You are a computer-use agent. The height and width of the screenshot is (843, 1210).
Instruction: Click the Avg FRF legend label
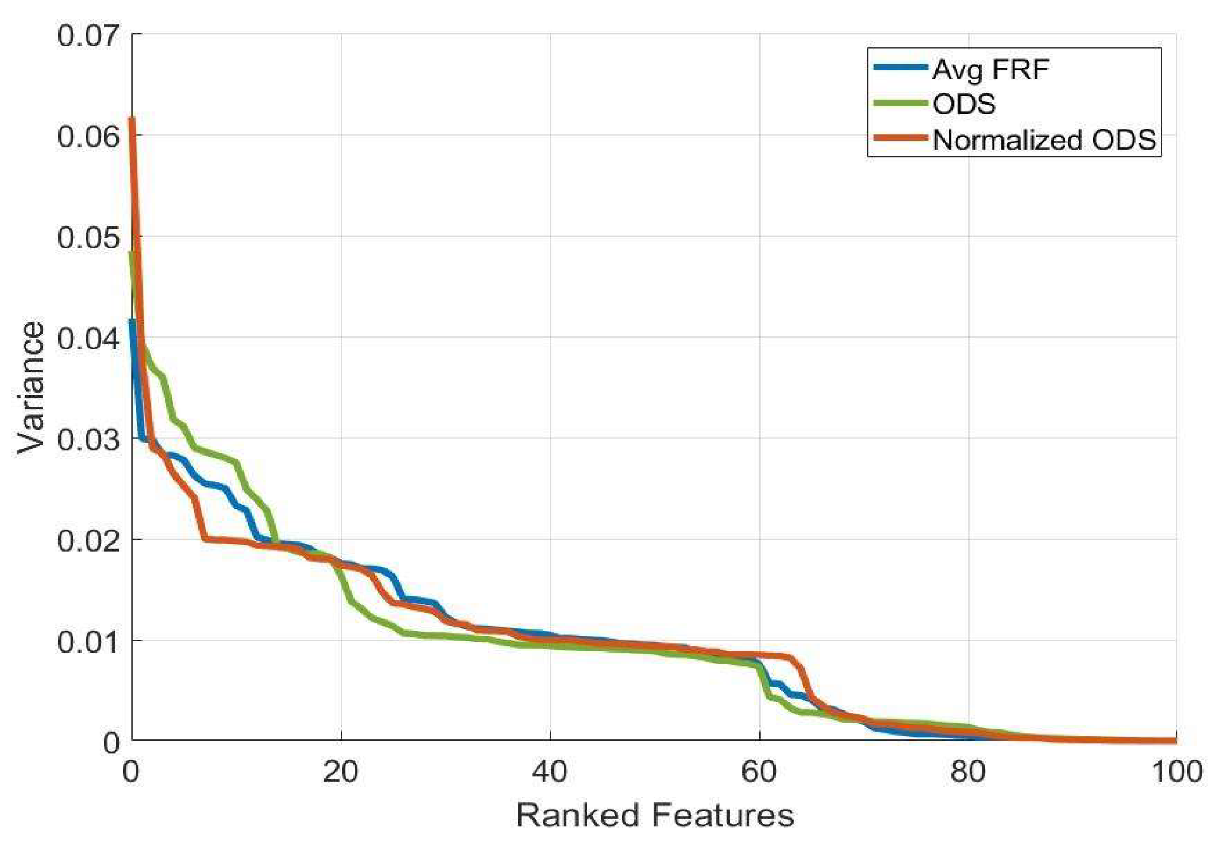(990, 70)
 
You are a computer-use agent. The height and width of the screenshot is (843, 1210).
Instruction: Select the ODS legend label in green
(964, 104)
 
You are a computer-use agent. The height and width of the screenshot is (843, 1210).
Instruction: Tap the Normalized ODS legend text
(1044, 140)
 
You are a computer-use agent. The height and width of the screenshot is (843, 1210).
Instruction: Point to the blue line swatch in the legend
(901, 68)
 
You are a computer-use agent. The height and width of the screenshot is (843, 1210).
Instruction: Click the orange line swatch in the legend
(901, 138)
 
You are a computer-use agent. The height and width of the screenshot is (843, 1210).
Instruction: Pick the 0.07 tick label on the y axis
(88, 36)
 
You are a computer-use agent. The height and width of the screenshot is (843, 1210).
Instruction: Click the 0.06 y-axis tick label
(88, 137)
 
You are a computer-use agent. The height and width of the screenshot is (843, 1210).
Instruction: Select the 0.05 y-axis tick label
(88, 238)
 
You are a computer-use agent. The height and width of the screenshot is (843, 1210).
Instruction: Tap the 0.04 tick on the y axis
(88, 339)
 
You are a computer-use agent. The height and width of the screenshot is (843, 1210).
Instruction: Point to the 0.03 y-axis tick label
(88, 439)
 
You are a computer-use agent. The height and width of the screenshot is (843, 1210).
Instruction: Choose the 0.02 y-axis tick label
(88, 540)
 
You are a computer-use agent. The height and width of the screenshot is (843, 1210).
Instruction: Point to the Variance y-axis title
(30, 387)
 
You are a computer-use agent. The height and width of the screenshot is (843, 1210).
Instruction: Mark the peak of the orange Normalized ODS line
(132, 119)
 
